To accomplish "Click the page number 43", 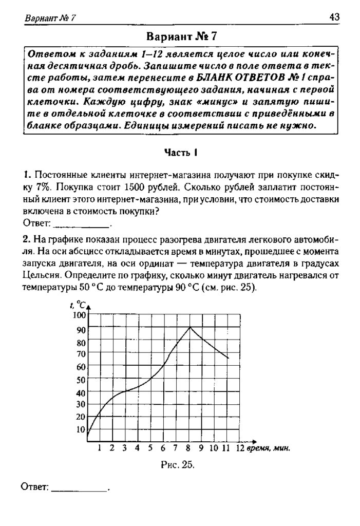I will tap(334, 17).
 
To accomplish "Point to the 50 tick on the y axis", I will tap(81, 381).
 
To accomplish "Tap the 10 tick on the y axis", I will tap(81, 429).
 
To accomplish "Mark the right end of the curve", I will tap(228, 358).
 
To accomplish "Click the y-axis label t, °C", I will tap(77, 305).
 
